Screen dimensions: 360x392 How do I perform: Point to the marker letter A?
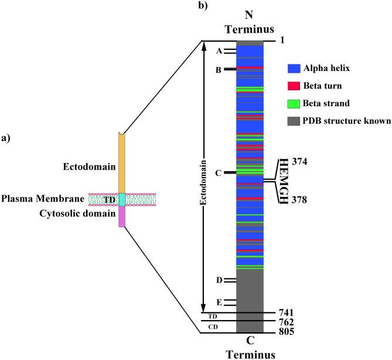(x=219, y=52)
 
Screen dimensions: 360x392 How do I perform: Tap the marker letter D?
(x=219, y=280)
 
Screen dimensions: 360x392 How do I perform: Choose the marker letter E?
(x=219, y=303)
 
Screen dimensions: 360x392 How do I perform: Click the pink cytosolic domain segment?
(x=122, y=217)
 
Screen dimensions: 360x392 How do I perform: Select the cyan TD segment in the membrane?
(x=122, y=199)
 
